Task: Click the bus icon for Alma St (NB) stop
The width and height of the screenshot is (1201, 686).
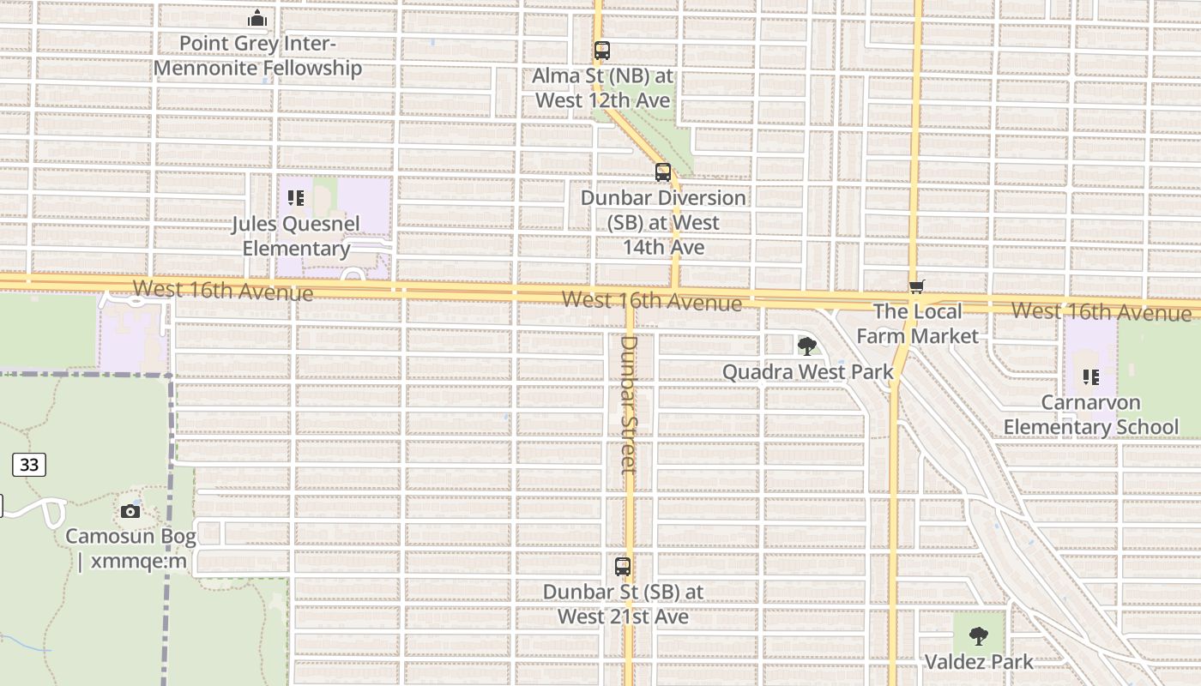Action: [x=602, y=51]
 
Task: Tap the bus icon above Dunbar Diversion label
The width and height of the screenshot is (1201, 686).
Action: [x=663, y=172]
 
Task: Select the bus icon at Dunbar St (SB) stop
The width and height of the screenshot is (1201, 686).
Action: [x=623, y=567]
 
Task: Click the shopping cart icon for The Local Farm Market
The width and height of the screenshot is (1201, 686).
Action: [x=917, y=287]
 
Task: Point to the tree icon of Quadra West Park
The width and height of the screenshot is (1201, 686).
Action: [x=806, y=346]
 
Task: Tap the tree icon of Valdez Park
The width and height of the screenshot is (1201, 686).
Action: [x=979, y=636]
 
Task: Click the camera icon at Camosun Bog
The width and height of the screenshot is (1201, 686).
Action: [x=130, y=511]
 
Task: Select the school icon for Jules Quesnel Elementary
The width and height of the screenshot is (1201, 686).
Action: [x=296, y=199]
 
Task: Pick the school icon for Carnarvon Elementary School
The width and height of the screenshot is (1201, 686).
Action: [x=1091, y=376]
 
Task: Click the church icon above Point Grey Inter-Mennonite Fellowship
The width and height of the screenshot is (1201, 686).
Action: [x=257, y=18]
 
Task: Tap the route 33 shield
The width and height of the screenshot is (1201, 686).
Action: [x=29, y=465]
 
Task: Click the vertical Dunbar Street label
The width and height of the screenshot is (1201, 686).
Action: [x=630, y=404]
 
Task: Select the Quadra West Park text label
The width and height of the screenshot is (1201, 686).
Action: [x=807, y=372]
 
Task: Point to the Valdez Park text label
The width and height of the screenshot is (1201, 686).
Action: [x=979, y=662]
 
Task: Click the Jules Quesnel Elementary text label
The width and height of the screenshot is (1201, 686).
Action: [x=296, y=236]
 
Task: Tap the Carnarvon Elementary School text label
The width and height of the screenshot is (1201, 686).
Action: [x=1091, y=415]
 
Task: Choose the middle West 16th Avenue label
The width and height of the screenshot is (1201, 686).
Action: [x=652, y=301]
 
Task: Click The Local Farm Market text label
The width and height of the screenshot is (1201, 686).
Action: [x=917, y=323]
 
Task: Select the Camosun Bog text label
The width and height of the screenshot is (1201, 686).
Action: [x=130, y=549]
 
